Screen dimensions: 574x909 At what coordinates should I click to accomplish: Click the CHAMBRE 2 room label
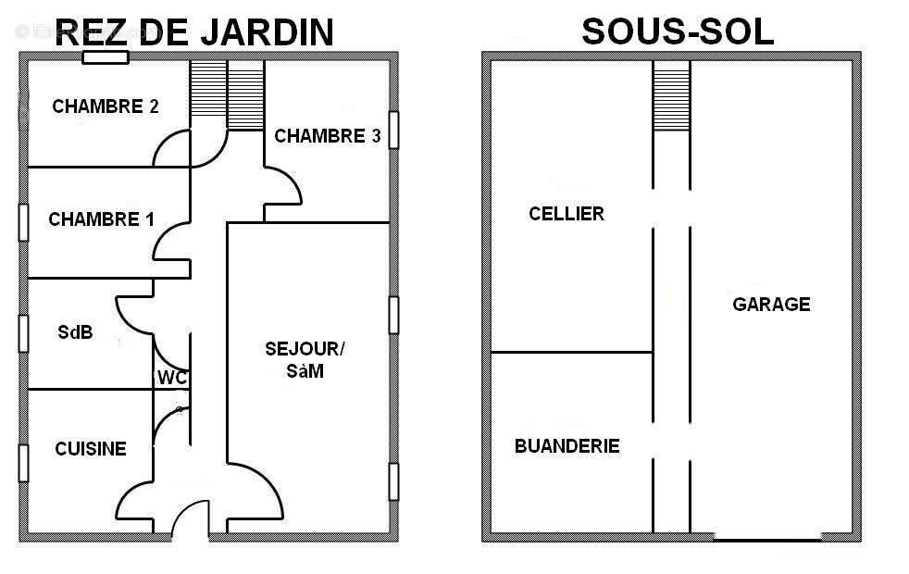(105, 106)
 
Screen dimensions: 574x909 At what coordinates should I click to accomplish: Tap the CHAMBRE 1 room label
(101, 219)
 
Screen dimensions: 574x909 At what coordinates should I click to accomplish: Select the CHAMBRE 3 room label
(328, 136)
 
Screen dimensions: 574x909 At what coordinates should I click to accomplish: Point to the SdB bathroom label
(75, 332)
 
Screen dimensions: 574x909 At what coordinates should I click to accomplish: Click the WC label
(172, 378)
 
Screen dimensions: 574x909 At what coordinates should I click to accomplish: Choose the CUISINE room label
(90, 449)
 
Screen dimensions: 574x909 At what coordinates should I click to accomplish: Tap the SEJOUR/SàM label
(304, 360)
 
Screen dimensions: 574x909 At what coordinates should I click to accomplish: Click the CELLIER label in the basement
(567, 214)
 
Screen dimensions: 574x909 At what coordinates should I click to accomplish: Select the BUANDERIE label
(567, 446)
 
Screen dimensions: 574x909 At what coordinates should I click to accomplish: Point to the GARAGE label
(771, 304)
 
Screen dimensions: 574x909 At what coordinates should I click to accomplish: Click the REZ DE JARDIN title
(194, 33)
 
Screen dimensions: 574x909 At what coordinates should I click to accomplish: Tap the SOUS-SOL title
(678, 32)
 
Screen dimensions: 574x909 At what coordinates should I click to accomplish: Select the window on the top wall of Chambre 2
(105, 57)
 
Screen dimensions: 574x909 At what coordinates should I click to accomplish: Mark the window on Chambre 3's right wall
(393, 130)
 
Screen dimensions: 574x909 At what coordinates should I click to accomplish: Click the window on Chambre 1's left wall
(23, 222)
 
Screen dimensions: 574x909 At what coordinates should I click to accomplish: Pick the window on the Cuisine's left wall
(23, 463)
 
